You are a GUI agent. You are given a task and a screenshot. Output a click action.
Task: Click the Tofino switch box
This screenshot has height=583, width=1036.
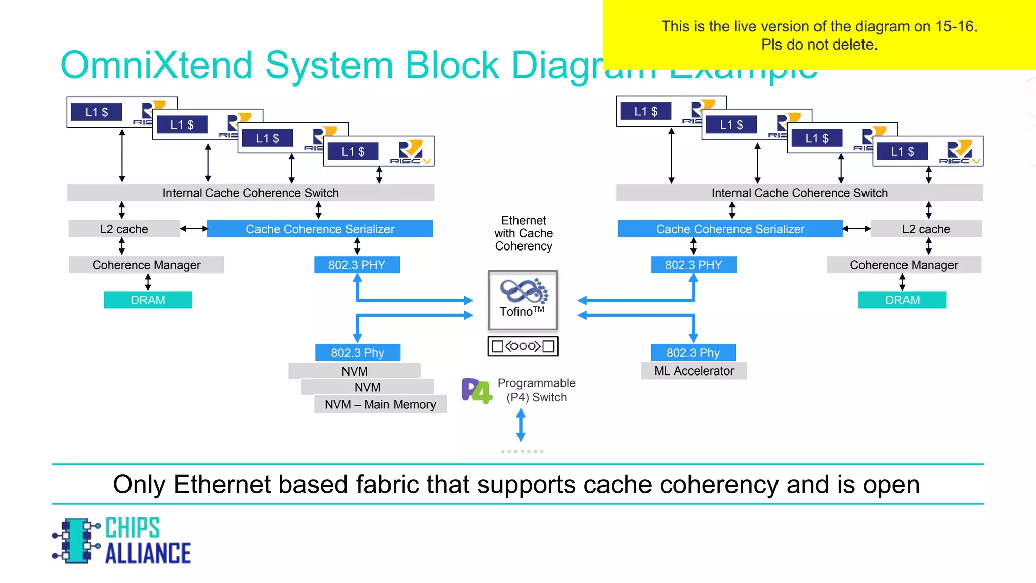523,300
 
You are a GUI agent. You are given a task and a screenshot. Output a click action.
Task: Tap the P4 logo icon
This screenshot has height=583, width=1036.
476,391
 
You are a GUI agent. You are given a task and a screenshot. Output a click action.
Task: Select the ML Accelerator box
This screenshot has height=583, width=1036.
694,371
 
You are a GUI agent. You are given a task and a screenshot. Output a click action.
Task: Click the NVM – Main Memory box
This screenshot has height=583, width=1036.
380,404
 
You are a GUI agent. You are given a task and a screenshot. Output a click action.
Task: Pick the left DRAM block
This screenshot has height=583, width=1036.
148,300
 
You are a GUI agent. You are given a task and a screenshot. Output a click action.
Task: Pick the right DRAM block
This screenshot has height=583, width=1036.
902,300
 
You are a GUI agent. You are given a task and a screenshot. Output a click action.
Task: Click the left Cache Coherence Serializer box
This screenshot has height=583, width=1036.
320,229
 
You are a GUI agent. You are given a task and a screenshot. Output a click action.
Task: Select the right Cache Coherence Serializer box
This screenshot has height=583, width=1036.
729,229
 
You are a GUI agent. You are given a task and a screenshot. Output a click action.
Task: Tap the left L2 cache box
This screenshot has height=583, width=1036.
124,229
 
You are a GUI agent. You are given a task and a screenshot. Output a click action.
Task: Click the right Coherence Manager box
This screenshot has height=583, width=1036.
903,265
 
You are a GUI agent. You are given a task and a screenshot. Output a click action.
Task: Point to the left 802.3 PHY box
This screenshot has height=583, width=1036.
357,265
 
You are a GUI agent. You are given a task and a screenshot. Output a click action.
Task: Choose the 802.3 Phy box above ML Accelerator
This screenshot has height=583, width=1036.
693,352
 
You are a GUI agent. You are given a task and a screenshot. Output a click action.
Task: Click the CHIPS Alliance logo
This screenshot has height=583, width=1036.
121,540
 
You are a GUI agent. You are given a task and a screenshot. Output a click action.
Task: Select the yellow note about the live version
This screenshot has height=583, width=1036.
818,35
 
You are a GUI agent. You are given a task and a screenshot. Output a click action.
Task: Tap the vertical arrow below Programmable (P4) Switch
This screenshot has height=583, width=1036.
521,425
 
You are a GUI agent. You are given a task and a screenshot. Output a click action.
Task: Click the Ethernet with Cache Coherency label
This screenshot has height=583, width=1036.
524,233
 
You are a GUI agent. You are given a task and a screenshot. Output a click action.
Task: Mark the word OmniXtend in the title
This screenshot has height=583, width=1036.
156,65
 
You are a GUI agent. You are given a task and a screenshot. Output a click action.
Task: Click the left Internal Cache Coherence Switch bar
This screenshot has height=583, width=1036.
250,193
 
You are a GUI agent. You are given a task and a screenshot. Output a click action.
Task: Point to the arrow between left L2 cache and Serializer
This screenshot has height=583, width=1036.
194,229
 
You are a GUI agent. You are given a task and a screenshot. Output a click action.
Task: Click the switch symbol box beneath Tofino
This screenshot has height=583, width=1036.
523,346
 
